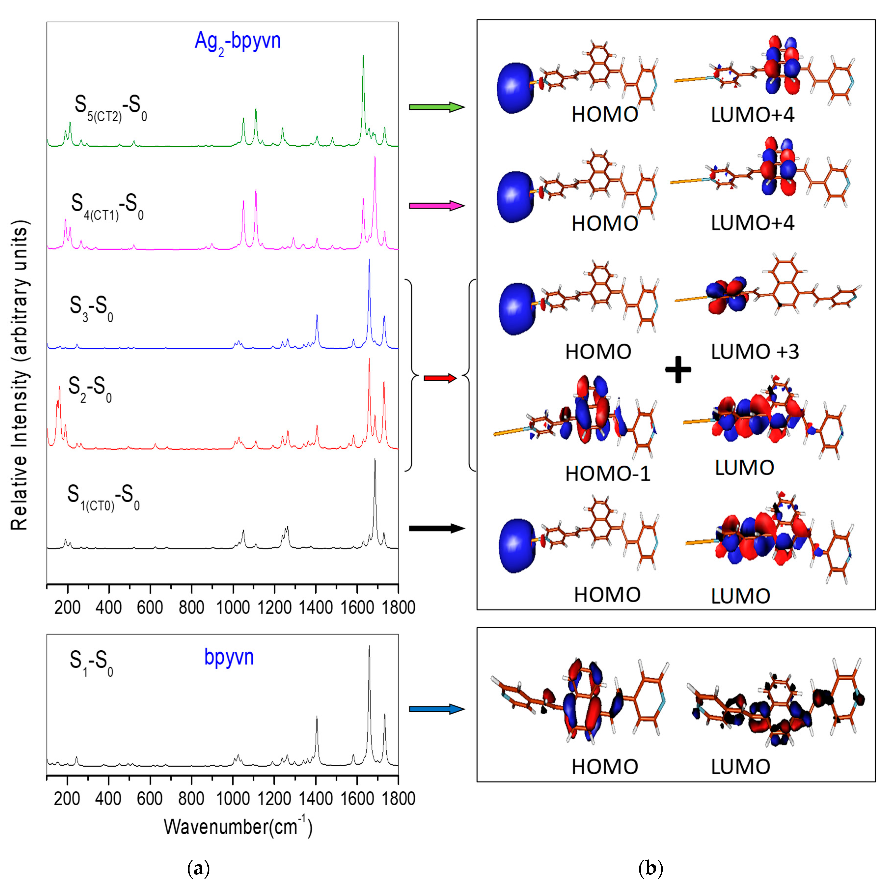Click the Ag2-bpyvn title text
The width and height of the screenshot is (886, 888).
(237, 41)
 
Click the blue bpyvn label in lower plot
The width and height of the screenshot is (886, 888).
(229, 657)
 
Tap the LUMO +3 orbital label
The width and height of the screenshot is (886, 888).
(755, 352)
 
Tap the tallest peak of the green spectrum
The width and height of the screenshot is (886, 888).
(363, 57)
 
